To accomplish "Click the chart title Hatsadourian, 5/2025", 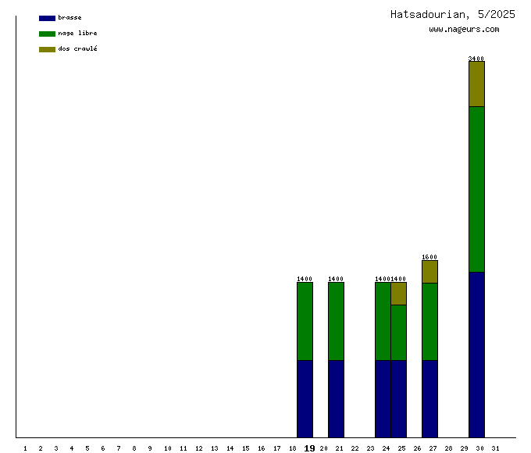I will click(452, 14).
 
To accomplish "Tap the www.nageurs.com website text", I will click(464, 30).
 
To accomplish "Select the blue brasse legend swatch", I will click(47, 18).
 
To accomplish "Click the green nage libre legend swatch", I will click(47, 34).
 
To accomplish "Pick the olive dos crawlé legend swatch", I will click(47, 49).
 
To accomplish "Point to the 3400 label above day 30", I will click(476, 59).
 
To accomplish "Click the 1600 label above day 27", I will click(429, 257).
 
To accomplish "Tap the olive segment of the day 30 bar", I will click(476, 84).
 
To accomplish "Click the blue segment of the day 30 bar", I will click(476, 355).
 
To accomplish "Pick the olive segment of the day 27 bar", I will click(429, 272).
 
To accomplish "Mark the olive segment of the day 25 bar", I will click(398, 294).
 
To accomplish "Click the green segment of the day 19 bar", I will click(305, 321).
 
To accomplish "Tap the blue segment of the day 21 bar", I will click(336, 398).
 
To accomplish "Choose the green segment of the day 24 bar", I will click(383, 321).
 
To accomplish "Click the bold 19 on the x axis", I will click(309, 448).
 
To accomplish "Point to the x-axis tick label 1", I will click(25, 448).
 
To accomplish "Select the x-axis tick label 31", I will click(495, 448).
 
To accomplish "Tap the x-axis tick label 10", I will click(167, 448).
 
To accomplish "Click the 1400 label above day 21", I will click(336, 279).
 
